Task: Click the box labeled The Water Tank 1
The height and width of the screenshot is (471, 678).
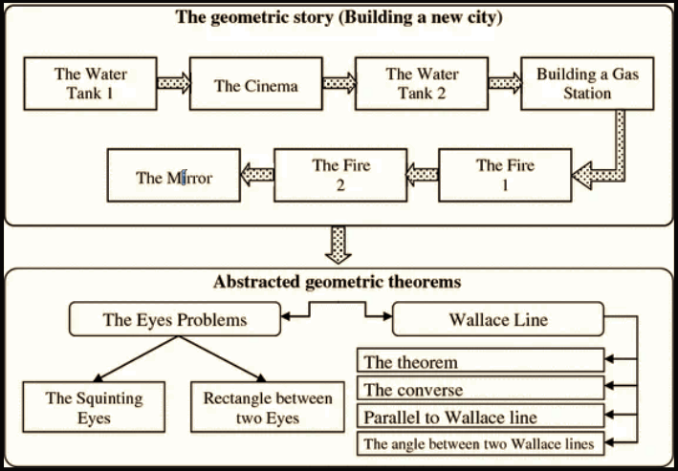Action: click(x=90, y=83)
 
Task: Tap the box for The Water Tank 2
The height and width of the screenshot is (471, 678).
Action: click(x=421, y=83)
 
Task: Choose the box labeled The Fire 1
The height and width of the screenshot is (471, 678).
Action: click(x=506, y=175)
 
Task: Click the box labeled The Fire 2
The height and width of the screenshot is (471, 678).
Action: click(x=340, y=175)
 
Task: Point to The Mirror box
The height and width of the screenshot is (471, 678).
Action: click(x=173, y=177)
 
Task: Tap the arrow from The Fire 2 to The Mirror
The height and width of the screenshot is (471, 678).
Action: click(x=256, y=175)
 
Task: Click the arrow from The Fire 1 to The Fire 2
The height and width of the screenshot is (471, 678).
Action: click(x=422, y=175)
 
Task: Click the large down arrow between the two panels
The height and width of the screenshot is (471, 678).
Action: click(x=339, y=243)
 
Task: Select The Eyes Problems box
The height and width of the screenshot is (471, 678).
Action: click(x=175, y=320)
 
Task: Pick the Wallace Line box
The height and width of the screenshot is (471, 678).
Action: click(x=498, y=320)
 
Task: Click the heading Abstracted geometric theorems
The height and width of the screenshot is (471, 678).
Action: click(x=339, y=283)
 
